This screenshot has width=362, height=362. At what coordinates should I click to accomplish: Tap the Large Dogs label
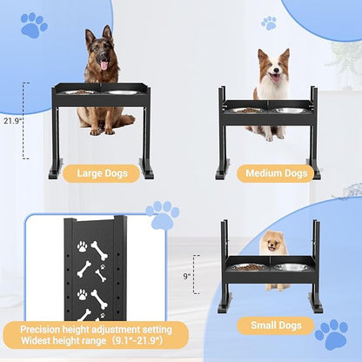(x=102, y=172)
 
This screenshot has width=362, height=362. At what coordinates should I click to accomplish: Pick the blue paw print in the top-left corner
(x=34, y=24)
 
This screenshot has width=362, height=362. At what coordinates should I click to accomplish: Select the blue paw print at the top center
(x=268, y=23)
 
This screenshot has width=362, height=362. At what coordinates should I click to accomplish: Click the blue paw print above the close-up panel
(x=162, y=214)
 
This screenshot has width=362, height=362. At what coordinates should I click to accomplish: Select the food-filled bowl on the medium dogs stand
(x=248, y=110)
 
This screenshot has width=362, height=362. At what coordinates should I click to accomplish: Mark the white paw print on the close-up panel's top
(x=81, y=246)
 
